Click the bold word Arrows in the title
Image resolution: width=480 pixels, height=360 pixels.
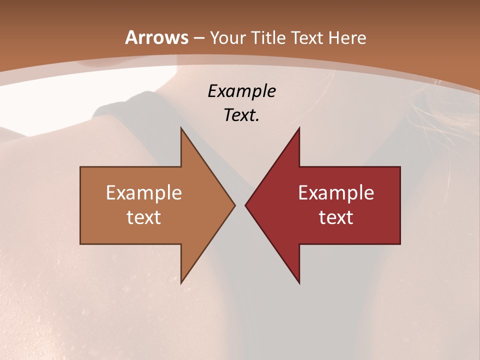(x=156, y=37)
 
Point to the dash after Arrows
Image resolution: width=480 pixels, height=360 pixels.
(x=199, y=38)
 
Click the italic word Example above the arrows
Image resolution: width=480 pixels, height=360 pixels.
(x=241, y=91)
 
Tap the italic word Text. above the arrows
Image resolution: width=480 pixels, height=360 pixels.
(x=241, y=115)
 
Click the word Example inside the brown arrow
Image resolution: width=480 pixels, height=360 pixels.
(x=144, y=192)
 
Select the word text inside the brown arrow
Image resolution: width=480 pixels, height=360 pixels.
(x=144, y=217)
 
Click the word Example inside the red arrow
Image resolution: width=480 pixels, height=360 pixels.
(x=336, y=192)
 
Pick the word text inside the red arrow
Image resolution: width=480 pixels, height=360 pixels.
(x=336, y=217)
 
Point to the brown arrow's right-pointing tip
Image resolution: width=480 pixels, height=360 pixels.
(x=234, y=205)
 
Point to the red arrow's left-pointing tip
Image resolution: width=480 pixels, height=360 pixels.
(x=245, y=205)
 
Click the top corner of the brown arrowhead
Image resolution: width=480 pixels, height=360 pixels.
(x=181, y=127)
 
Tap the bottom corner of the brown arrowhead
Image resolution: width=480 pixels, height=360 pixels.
(x=181, y=283)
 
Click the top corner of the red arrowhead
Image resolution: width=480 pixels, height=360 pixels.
(x=299, y=127)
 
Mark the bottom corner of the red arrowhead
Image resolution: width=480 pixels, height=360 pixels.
(x=299, y=283)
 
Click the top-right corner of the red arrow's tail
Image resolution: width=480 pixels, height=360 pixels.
(x=400, y=167)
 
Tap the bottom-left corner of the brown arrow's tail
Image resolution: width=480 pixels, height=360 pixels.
(x=80, y=244)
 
